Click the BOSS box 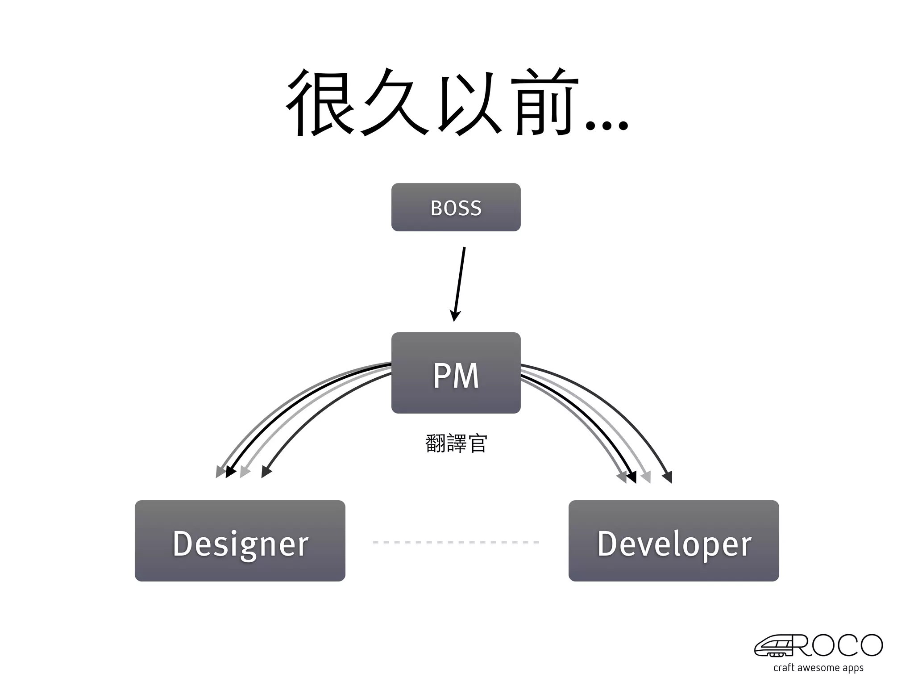pos(456,207)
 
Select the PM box pos(456,373)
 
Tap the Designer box pos(240,541)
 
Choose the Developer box pos(673,541)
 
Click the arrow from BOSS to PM pos(460,281)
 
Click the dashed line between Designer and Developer pos(456,542)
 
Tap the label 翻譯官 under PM pos(456,443)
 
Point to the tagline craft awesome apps pos(818,668)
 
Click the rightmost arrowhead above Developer pos(668,478)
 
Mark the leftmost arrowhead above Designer pos(220,472)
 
